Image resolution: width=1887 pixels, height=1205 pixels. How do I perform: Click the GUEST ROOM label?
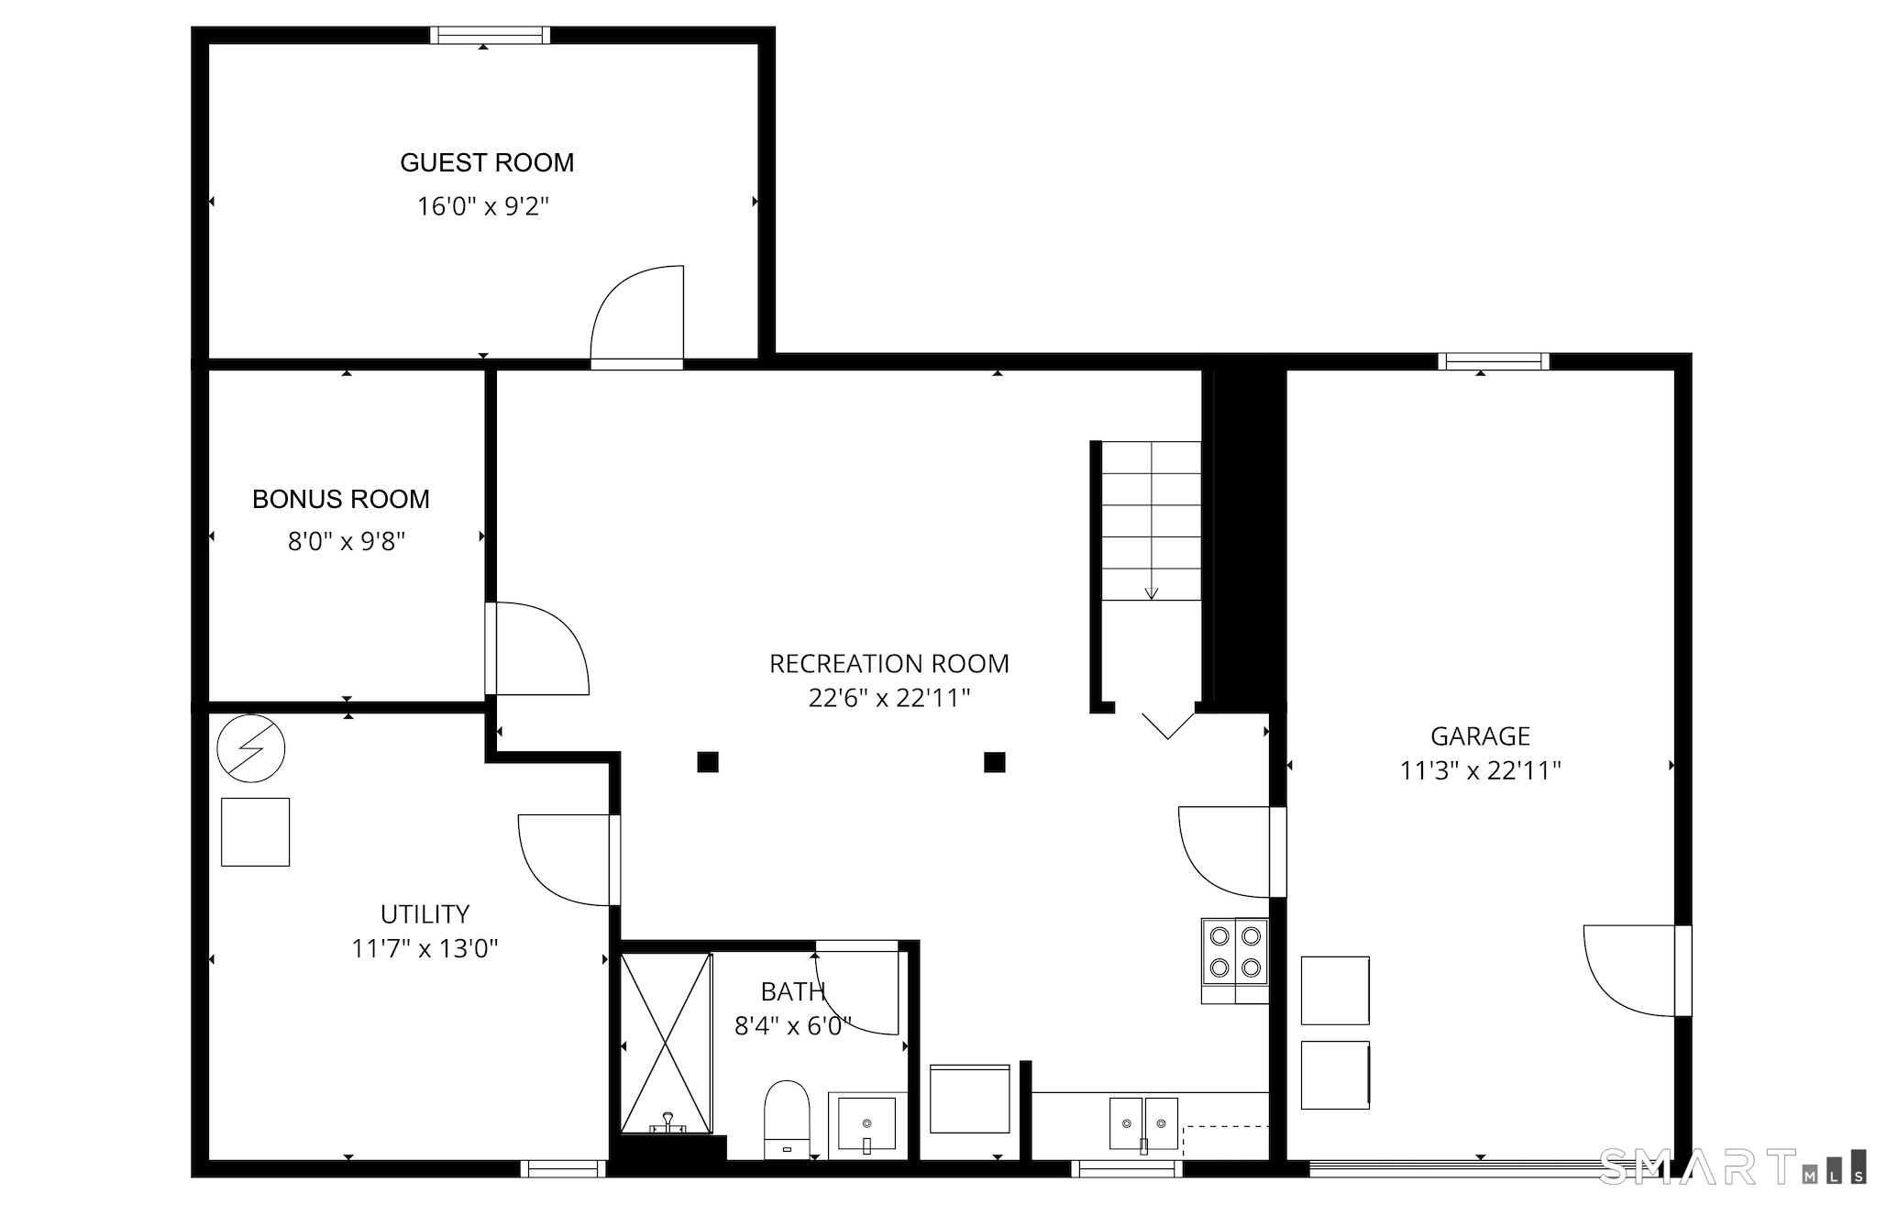point(487,163)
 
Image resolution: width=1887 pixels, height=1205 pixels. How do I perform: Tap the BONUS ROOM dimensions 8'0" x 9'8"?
point(347,542)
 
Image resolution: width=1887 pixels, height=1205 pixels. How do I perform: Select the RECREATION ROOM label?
point(888,664)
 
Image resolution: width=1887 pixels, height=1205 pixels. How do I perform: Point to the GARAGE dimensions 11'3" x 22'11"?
point(1480,771)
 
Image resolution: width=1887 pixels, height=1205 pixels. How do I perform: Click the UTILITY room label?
point(425,914)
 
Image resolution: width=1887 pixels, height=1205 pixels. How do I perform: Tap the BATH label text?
point(793,991)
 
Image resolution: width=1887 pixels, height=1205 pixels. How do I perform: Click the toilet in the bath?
point(787,1120)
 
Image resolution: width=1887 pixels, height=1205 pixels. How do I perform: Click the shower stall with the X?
point(666,1043)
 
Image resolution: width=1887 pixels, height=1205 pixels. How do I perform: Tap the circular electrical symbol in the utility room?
point(250,749)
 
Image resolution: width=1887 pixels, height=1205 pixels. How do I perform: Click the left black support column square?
point(707,762)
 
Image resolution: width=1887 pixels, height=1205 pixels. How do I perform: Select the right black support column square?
point(994,762)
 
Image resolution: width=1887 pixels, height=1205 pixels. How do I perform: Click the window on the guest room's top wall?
point(491,36)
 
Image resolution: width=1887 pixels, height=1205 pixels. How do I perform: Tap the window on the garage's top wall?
point(1494,361)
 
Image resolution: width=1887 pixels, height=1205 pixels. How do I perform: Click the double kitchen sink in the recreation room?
point(1143,1123)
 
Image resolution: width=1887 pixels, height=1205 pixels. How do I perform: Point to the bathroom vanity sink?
point(866,1123)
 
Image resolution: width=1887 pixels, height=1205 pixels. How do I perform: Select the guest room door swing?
point(636,317)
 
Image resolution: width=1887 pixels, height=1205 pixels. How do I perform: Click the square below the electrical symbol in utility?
point(256,832)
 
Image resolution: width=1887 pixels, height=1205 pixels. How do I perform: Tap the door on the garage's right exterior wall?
point(1639,971)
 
